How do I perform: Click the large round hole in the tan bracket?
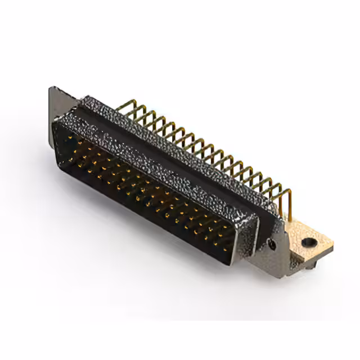308,243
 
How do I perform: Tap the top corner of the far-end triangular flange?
52,89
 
